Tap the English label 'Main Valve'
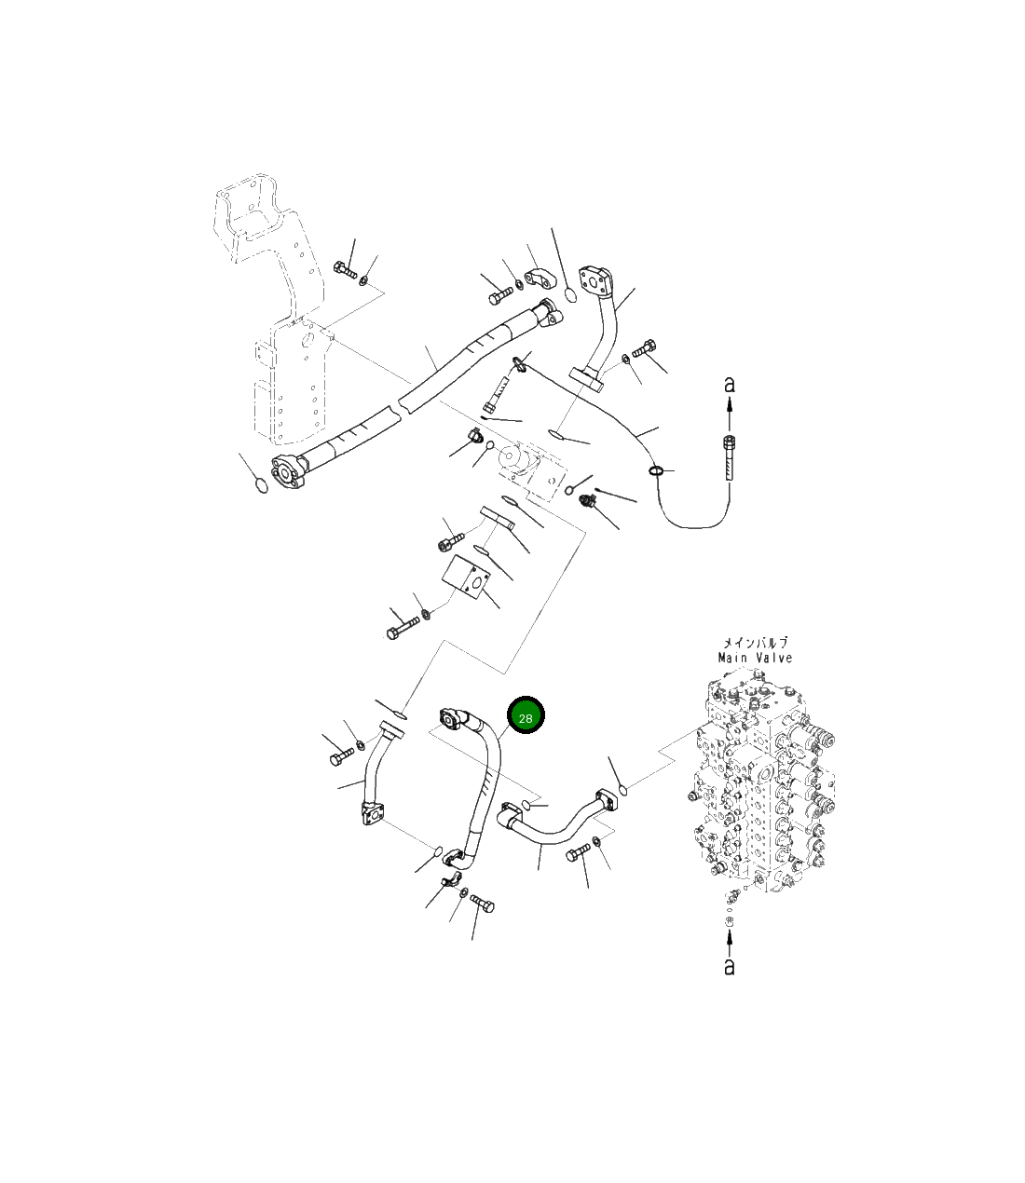(755, 658)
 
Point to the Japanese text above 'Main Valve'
(755, 643)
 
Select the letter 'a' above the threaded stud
(730, 383)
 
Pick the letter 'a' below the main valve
(729, 967)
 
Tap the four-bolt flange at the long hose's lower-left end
(288, 470)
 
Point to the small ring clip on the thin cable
(657, 470)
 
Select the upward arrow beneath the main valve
(729, 942)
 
